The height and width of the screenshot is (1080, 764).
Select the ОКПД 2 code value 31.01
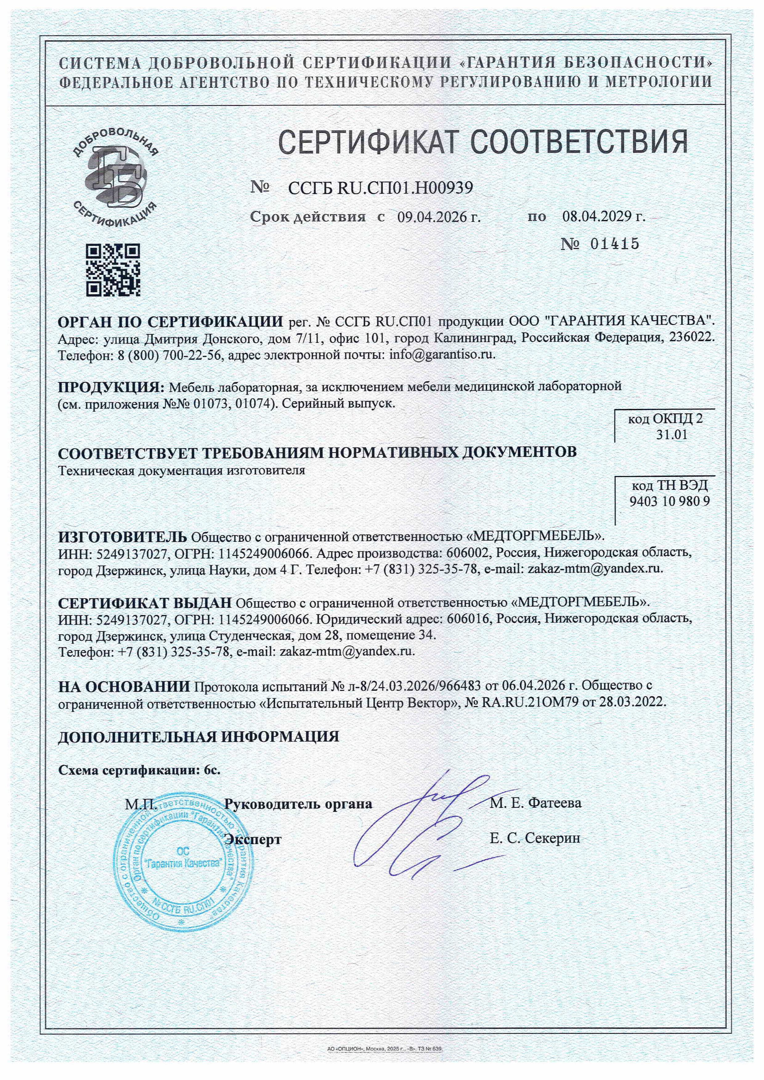672,434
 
